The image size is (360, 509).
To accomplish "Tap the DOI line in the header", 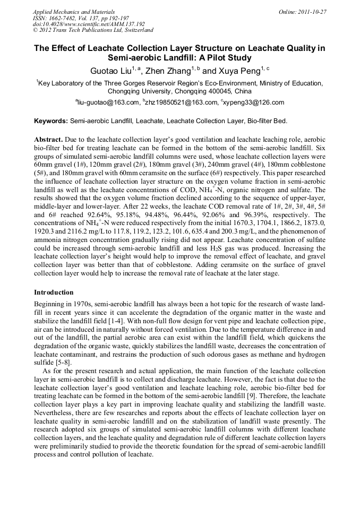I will click(89, 24).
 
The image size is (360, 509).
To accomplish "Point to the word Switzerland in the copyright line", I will click(136, 30).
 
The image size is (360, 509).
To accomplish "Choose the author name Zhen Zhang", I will click(165, 71).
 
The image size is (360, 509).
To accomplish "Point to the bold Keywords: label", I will click(51, 121).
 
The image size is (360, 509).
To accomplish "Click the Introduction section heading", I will click(54, 292).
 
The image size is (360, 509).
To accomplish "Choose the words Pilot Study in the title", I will click(225, 58).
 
